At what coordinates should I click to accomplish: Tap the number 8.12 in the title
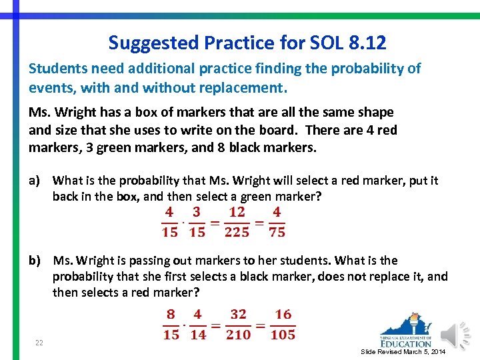point(367,43)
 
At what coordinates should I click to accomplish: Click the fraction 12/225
point(237,222)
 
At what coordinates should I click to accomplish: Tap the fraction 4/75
point(276,222)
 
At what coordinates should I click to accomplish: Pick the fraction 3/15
point(196,222)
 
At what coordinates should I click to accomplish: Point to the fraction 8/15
point(171,325)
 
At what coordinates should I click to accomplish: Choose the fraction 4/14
point(197,325)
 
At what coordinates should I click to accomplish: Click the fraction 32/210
point(238,325)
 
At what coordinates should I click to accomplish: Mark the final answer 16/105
point(283,325)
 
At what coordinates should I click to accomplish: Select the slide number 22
point(39,343)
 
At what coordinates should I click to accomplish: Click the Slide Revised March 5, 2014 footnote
point(403,351)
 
